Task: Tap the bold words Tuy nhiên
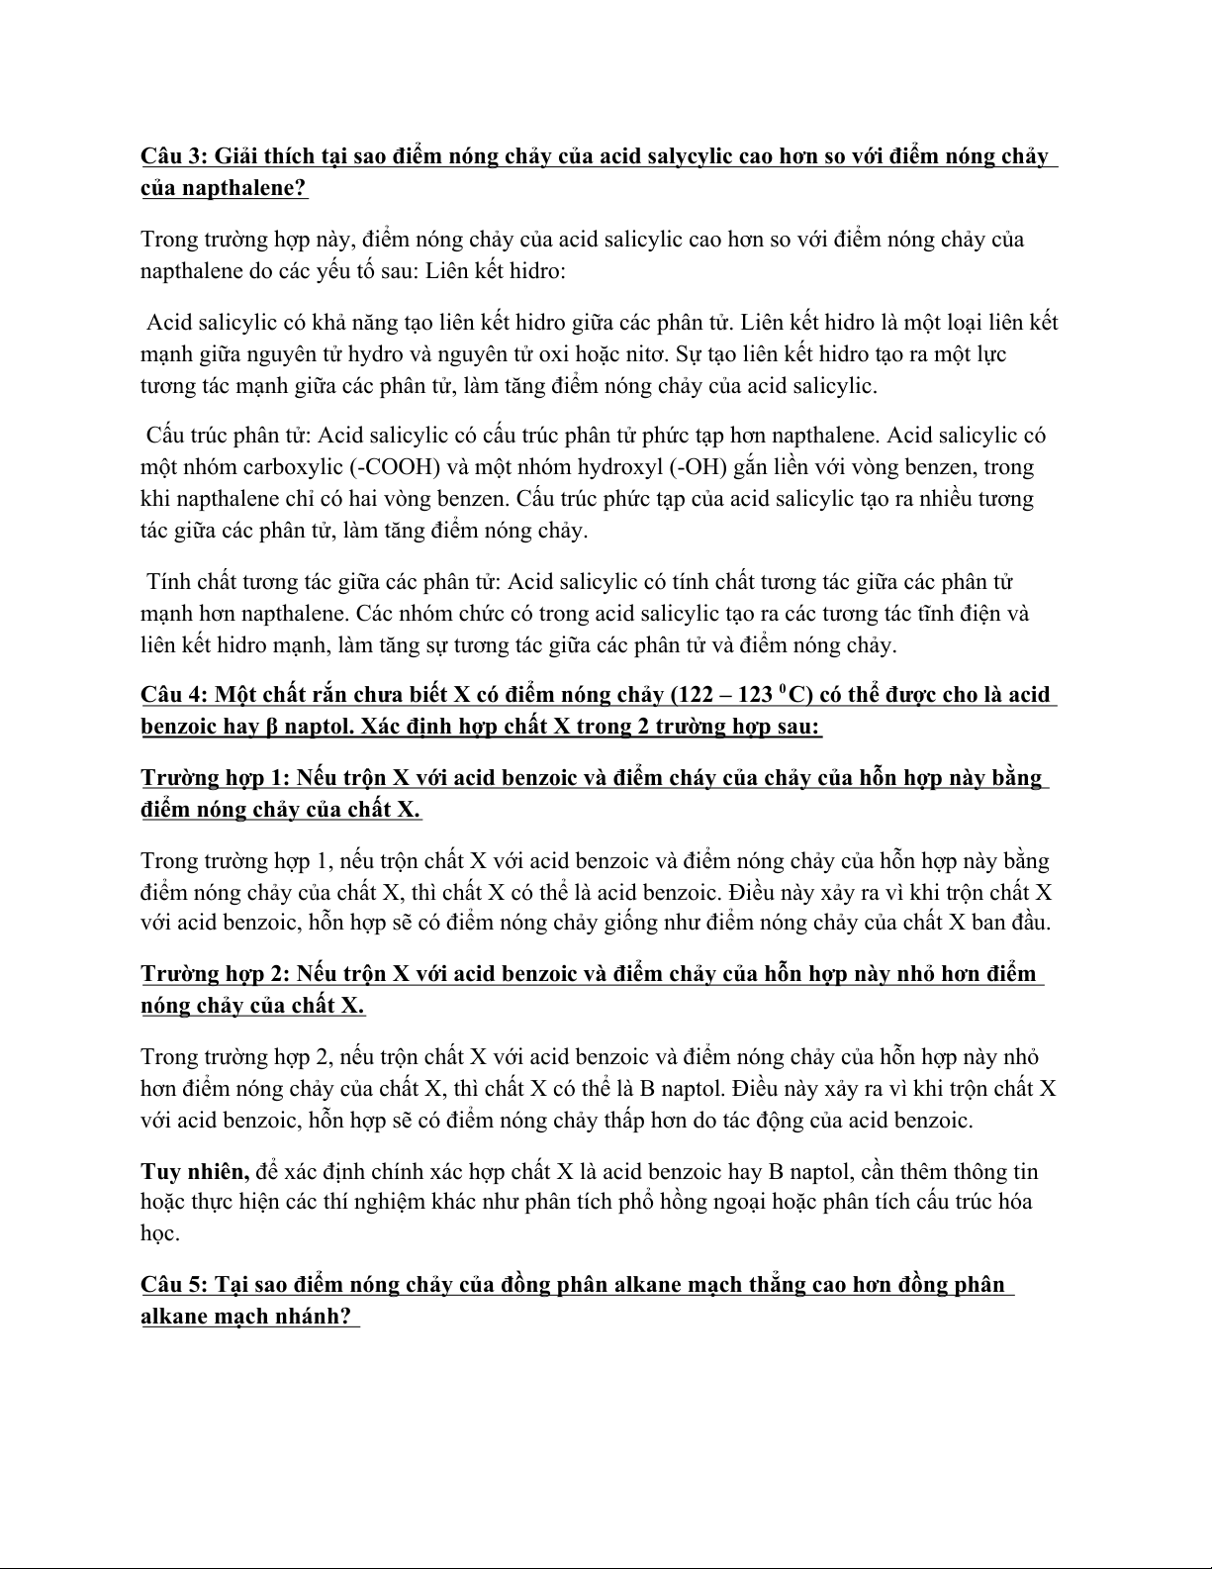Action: point(193,1172)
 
